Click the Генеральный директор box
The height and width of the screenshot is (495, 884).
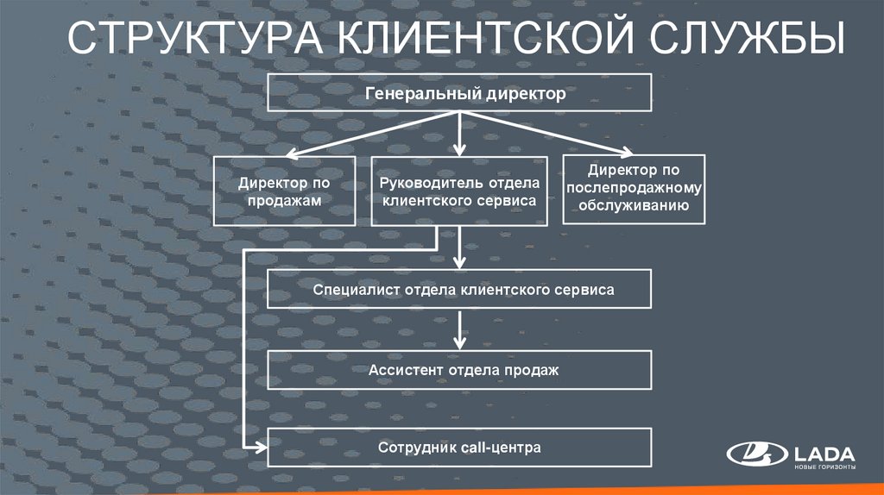459,92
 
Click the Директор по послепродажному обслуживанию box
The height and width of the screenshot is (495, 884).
634,189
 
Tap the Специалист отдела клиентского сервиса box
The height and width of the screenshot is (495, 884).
459,290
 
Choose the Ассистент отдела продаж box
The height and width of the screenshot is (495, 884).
459,370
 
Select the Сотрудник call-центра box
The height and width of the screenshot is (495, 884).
459,449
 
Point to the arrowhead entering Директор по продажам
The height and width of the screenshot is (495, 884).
290,156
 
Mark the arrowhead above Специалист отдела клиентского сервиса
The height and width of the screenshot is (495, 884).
459,263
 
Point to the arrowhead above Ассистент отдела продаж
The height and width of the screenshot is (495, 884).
459,342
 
